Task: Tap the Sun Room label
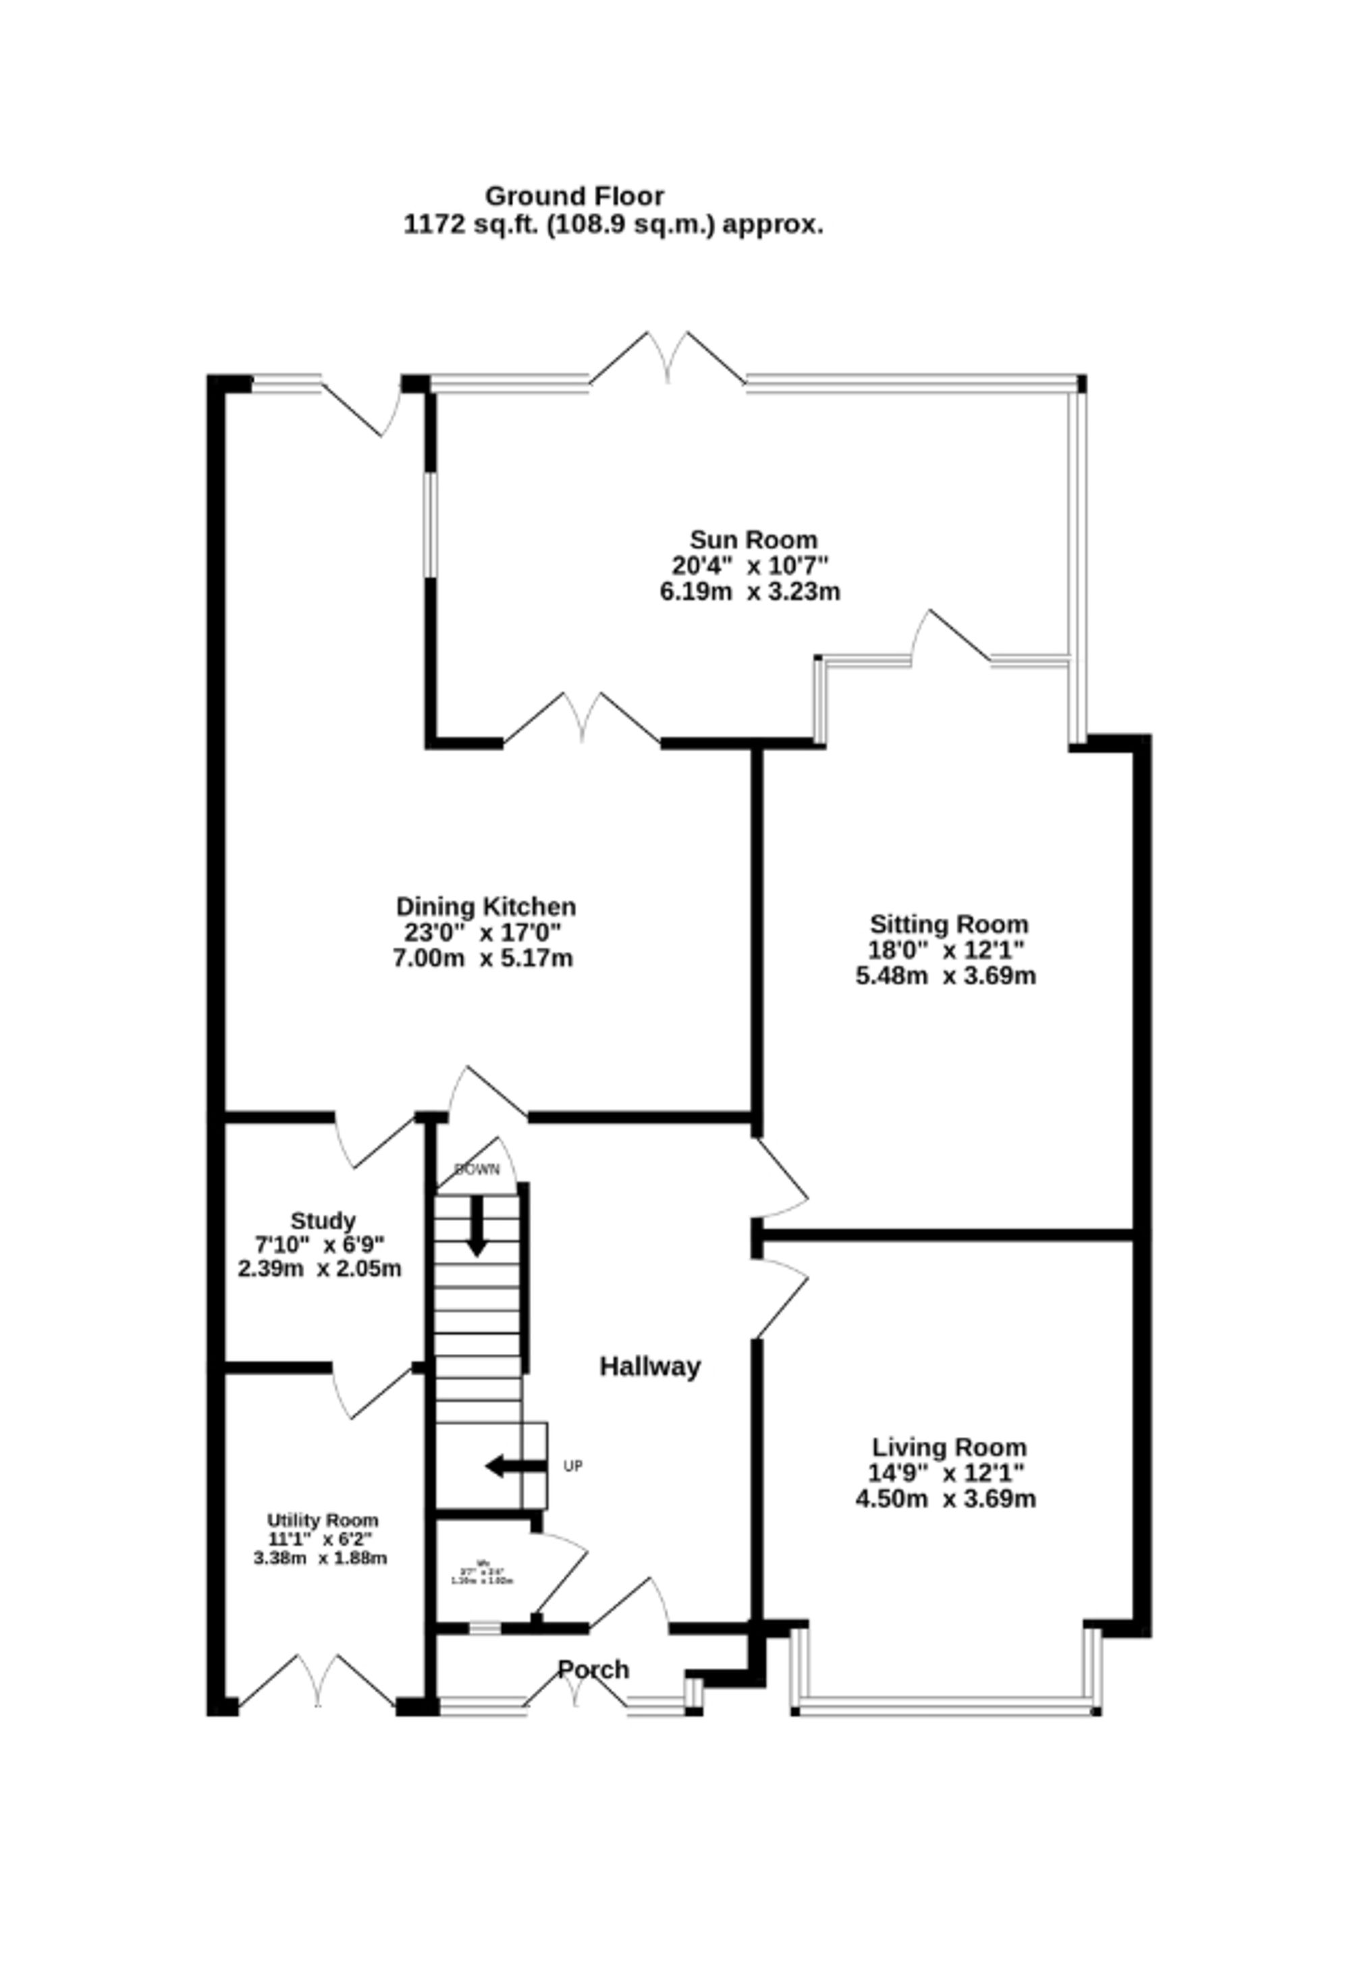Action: (753, 539)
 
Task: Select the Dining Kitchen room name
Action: (486, 906)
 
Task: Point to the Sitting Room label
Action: (948, 924)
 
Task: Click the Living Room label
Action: (948, 1447)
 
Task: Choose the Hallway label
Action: (649, 1366)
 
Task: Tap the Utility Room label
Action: (322, 1520)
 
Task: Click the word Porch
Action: (593, 1669)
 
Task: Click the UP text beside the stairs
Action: (572, 1466)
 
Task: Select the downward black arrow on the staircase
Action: (477, 1225)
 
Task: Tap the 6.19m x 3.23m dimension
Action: (750, 591)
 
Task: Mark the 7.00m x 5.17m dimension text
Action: (483, 958)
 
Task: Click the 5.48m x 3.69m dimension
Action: (946, 975)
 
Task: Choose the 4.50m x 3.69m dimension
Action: (946, 1498)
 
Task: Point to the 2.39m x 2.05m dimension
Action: (319, 1268)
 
